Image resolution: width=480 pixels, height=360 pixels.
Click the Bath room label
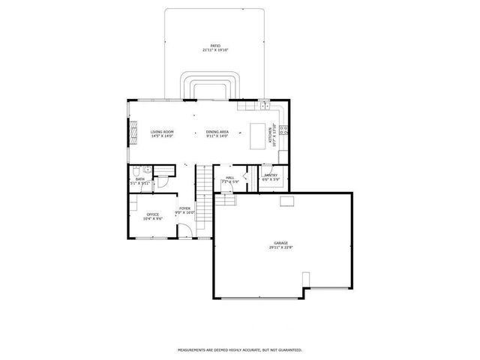[x=139, y=179]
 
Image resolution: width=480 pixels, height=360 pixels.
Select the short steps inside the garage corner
[x=225, y=200]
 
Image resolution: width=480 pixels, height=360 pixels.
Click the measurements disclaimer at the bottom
[x=240, y=349]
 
